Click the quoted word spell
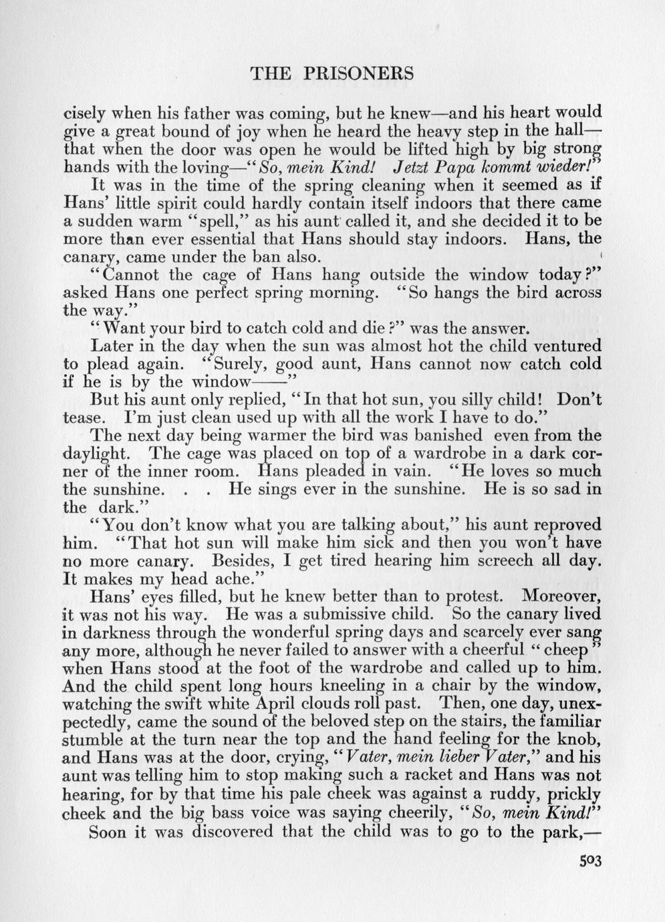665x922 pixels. coord(215,220)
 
